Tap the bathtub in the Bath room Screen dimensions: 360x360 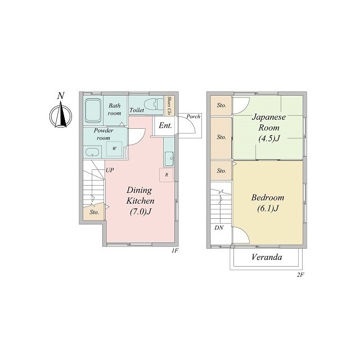pyautogui.click(x=93, y=111)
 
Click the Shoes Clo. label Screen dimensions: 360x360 pyautogui.click(x=169, y=106)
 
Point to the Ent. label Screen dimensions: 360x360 pyautogui.click(x=165, y=125)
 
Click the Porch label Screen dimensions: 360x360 pyautogui.click(x=193, y=116)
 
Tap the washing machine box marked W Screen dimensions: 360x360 pyautogui.click(x=114, y=148)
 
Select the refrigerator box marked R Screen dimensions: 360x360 pyautogui.click(x=166, y=175)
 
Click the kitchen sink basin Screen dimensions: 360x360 pyautogui.click(x=169, y=159)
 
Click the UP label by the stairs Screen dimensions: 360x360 pyautogui.click(x=110, y=170)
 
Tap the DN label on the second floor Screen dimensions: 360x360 pyautogui.click(x=219, y=228)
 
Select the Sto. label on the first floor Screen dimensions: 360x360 pyautogui.click(x=94, y=213)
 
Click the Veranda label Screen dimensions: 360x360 pyautogui.click(x=267, y=257)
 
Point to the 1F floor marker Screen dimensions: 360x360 pyautogui.click(x=175, y=250)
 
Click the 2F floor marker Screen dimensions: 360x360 pyautogui.click(x=300, y=275)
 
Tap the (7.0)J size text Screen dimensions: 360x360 pyautogui.click(x=141, y=211)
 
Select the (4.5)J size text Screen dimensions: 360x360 pyautogui.click(x=269, y=138)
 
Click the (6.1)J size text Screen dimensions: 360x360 pyautogui.click(x=268, y=209)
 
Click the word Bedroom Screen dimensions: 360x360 pyautogui.click(x=268, y=197)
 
